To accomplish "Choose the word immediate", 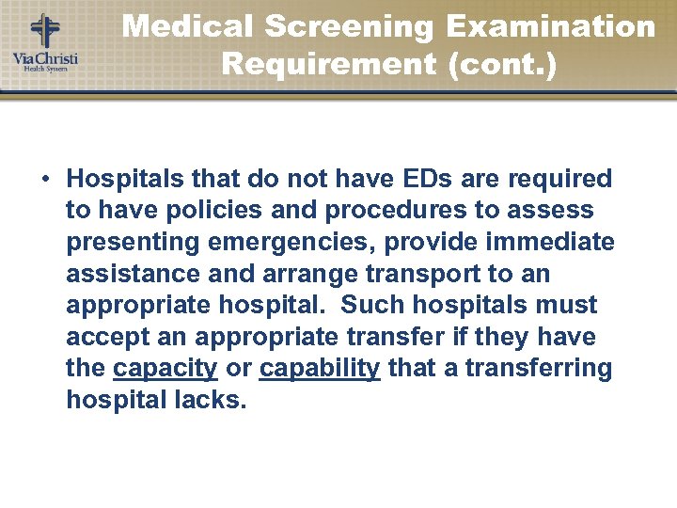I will click(x=550, y=243).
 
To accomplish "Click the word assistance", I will click(x=122, y=275).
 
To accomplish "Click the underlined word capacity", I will click(x=165, y=369).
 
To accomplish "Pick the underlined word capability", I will click(x=320, y=369).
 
